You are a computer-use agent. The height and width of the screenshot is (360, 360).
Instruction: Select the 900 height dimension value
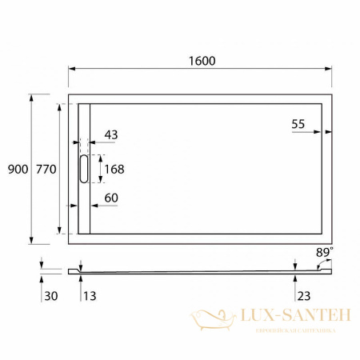[17, 169]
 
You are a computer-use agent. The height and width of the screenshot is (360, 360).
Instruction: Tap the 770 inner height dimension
[45, 169]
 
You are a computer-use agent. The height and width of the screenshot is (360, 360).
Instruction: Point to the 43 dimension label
[110, 135]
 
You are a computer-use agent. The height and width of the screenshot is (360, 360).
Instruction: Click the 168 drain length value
[115, 169]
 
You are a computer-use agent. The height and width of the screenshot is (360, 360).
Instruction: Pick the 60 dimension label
[110, 198]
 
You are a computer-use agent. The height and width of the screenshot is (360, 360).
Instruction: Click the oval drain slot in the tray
[85, 169]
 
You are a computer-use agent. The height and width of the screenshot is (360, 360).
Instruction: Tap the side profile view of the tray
[200, 271]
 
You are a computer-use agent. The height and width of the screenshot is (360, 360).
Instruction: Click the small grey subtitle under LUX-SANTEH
[294, 330]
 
